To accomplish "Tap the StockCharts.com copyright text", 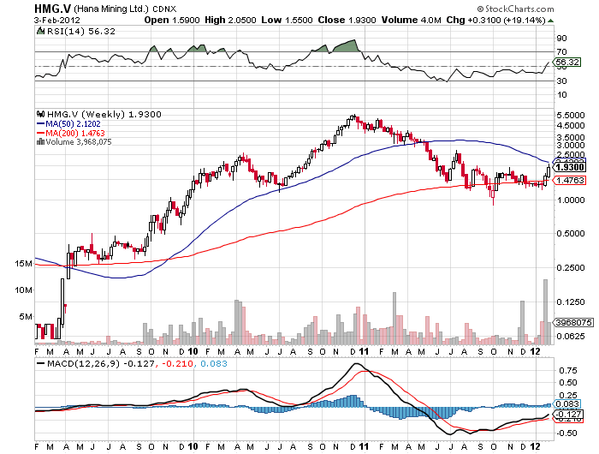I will (544, 9).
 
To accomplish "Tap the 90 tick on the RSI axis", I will (561, 39).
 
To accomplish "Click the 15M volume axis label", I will (25, 265).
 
